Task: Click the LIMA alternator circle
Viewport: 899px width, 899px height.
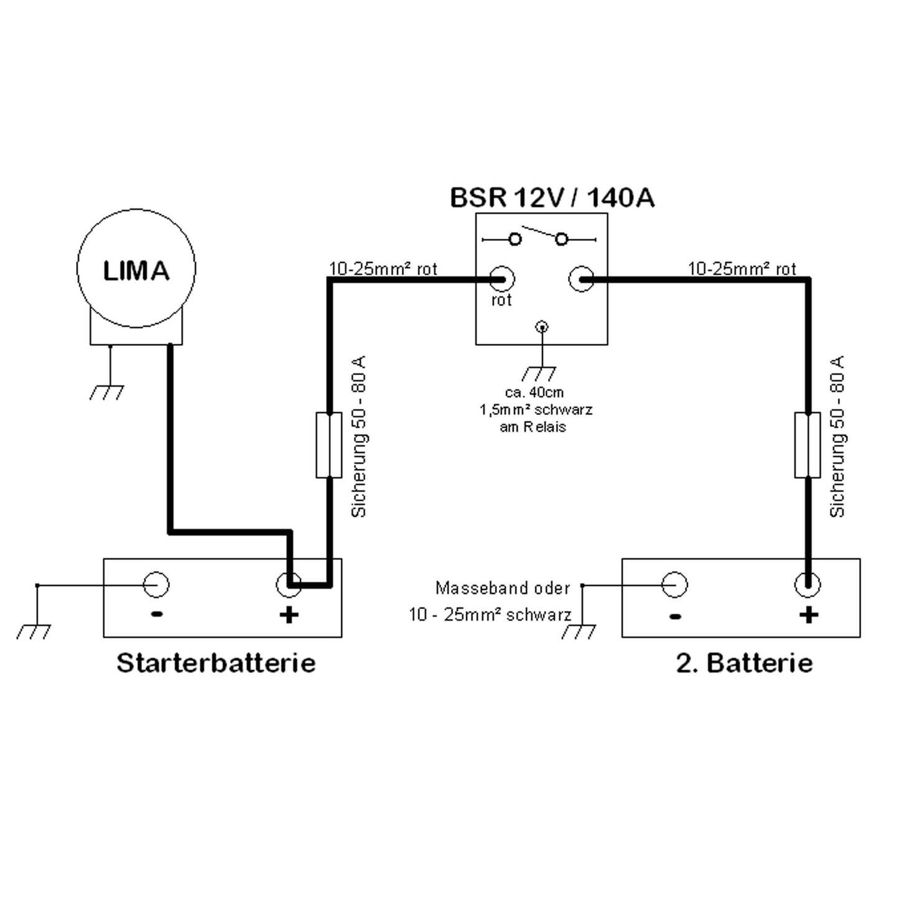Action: click(136, 268)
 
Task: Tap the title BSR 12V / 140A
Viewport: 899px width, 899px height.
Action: click(552, 198)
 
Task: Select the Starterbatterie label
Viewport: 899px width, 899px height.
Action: click(216, 663)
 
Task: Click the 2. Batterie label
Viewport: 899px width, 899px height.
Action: click(744, 663)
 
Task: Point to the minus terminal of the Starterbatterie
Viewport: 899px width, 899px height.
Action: click(156, 584)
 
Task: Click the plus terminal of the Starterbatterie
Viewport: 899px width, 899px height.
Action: click(289, 584)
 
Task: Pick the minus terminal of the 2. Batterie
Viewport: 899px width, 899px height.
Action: click(674, 584)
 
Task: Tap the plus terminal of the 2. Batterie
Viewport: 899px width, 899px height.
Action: click(808, 584)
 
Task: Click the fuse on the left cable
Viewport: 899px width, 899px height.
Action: click(328, 445)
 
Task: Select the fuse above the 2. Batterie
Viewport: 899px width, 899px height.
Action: click(808, 445)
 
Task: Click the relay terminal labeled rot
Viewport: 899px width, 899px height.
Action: click(501, 279)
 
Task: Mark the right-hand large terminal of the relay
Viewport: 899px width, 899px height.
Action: click(582, 279)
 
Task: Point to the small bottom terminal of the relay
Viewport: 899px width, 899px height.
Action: click(543, 326)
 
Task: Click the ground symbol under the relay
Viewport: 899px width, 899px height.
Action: click(539, 373)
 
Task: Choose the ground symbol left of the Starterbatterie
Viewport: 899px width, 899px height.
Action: click(34, 631)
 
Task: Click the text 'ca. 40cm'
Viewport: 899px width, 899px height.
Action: click(534, 393)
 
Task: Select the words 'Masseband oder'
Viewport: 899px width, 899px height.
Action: click(502, 588)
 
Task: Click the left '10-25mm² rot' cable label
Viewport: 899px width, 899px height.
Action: click(383, 269)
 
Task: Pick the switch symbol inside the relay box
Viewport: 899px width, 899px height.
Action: click(539, 238)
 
